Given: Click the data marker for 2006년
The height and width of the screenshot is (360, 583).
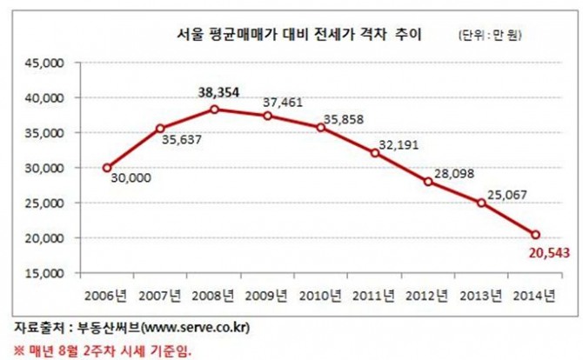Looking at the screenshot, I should click(x=107, y=168).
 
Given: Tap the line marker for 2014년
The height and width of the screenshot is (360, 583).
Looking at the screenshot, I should click(x=535, y=235).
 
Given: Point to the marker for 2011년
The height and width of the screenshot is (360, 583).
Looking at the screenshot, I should click(x=375, y=153).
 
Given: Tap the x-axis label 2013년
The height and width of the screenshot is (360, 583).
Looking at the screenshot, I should click(x=482, y=294).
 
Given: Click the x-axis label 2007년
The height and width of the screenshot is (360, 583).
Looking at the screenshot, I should click(x=161, y=294).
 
